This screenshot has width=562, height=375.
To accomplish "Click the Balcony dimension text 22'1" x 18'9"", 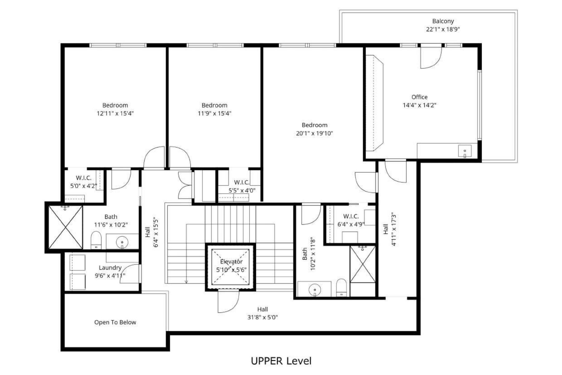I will click(x=443, y=29).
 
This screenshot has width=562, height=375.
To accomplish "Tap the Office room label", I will click(x=419, y=97).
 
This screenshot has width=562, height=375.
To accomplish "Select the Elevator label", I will click(x=231, y=262).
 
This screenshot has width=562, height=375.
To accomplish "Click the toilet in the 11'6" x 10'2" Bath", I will click(x=96, y=240).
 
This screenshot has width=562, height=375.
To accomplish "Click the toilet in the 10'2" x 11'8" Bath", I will click(x=342, y=288).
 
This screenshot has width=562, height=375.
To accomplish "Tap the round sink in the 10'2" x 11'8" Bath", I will click(x=315, y=290).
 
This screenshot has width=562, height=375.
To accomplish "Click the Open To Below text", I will click(x=115, y=322).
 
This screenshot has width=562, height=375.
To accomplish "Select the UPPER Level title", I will click(x=281, y=361).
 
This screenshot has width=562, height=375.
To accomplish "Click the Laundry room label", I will click(x=110, y=267).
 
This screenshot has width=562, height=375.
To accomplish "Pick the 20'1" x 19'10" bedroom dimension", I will click(x=314, y=133).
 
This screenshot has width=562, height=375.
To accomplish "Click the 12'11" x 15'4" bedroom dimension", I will click(x=115, y=113).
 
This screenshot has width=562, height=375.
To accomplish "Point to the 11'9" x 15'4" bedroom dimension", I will click(x=214, y=113).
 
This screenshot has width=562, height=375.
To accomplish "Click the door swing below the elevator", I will click(x=228, y=302).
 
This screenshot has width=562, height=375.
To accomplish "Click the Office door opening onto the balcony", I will click(x=431, y=58).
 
